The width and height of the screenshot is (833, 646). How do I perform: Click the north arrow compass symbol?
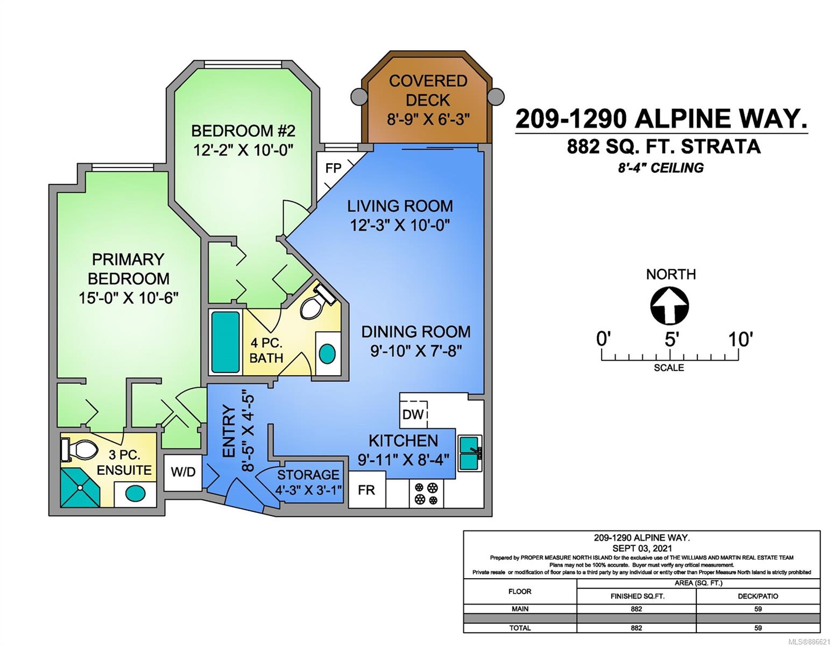669,306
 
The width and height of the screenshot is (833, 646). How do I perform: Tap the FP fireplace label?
333,168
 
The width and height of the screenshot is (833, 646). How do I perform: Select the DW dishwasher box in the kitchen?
413,414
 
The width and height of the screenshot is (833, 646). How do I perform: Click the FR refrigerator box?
366,489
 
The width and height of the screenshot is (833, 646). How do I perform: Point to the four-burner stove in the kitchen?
426,494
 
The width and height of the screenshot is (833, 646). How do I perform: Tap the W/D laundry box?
183,472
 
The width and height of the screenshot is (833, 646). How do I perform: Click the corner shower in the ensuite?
80,487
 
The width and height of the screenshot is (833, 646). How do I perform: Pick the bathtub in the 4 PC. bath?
225,342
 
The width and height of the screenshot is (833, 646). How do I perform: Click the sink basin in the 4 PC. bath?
327,354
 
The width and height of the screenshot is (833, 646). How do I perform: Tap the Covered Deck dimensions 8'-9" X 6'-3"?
428,119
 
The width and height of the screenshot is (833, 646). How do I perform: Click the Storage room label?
308,475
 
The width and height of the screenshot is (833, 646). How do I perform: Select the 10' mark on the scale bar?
739,339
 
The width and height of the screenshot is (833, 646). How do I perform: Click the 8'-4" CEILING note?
660,168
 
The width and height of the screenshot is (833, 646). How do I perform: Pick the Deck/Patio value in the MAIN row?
758,609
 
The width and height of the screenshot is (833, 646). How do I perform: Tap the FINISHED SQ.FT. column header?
637,596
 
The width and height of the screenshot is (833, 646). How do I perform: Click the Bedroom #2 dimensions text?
243,150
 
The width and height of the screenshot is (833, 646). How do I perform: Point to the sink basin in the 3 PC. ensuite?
135,494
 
